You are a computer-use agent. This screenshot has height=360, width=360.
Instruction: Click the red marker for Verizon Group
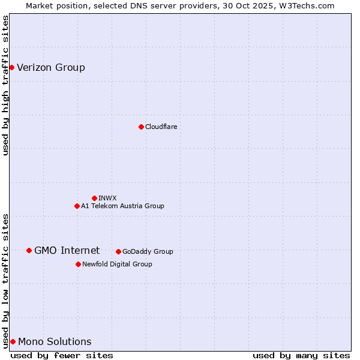11,67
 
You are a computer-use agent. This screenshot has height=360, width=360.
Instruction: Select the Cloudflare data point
141,127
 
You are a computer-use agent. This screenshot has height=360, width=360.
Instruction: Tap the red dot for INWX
94,198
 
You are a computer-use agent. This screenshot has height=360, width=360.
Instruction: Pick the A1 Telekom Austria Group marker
77,206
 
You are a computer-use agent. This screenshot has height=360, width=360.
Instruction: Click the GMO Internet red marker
29,250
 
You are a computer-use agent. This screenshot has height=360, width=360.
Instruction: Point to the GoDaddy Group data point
118,251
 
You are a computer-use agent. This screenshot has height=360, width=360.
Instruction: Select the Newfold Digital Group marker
78,264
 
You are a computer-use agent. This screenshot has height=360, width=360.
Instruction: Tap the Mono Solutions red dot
13,341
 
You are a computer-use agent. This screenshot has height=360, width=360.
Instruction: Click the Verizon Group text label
51,67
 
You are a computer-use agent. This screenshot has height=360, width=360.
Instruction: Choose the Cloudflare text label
161,127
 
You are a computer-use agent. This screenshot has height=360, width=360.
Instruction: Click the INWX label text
107,198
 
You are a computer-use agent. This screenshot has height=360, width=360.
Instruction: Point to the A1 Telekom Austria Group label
122,206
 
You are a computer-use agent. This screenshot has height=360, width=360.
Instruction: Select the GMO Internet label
67,250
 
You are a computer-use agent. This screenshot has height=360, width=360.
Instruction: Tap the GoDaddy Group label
148,251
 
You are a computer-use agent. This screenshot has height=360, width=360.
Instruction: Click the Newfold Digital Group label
117,264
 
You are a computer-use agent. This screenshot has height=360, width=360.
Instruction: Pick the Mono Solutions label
55,341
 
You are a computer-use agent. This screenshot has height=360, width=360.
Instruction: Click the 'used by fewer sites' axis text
62,355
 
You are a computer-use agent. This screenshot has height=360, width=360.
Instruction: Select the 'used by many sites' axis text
301,355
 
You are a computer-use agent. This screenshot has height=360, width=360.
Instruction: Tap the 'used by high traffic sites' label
6,85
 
